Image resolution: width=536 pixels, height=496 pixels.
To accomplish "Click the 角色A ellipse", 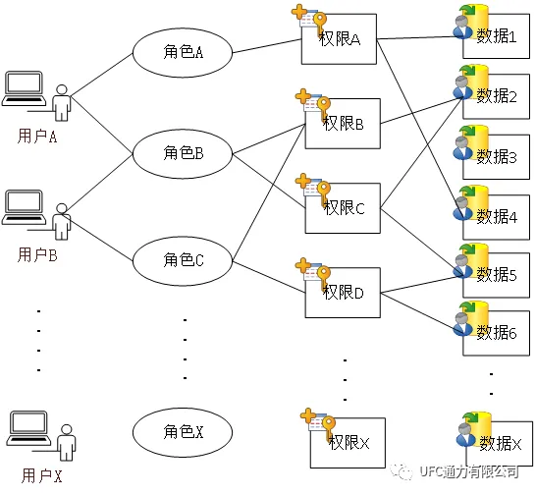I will click(182, 51).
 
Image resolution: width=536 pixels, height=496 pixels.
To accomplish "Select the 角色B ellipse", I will click(182, 152).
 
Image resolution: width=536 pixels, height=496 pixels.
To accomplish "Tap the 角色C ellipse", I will click(182, 259).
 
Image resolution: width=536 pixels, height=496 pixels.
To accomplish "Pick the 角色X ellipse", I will click(182, 430).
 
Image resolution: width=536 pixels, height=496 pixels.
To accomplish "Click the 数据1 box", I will click(497, 38).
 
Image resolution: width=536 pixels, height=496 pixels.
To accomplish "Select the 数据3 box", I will click(497, 157).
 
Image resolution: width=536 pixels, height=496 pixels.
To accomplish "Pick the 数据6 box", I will click(497, 333).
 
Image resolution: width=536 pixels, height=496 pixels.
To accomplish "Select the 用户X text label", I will click(41, 477).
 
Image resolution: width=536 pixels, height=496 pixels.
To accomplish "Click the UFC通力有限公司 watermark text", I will click(468, 472).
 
